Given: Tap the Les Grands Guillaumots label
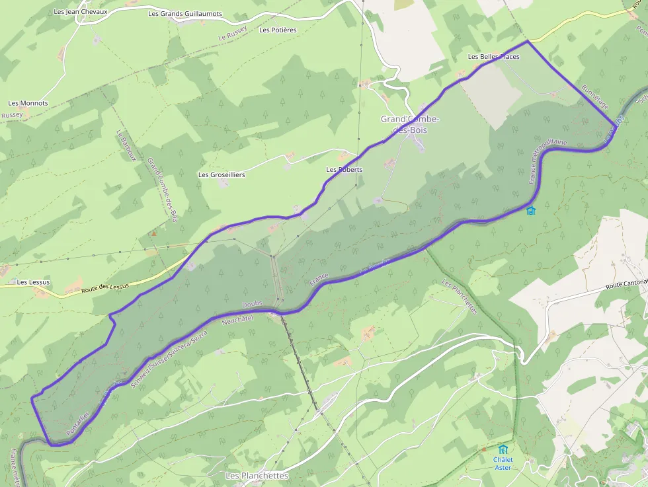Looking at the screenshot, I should coord(185,13).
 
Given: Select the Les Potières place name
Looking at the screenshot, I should coord(278,30).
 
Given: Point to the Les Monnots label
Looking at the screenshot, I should coord(28,103).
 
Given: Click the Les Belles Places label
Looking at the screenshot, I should coord(493,56).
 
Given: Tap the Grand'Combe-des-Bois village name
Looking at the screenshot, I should coord(410,124).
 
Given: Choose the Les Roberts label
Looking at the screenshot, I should coord(344,169).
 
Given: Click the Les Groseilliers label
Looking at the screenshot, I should coord(222,174).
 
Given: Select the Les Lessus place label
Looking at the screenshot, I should coord(33,282).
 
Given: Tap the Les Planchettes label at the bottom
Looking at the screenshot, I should coord(257,475).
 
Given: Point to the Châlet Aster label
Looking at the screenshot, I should coord(503,463).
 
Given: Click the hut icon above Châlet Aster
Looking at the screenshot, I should coord(503,449).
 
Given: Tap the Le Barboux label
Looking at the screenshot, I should coord(121,144).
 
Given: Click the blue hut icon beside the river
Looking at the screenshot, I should coord(530,211).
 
